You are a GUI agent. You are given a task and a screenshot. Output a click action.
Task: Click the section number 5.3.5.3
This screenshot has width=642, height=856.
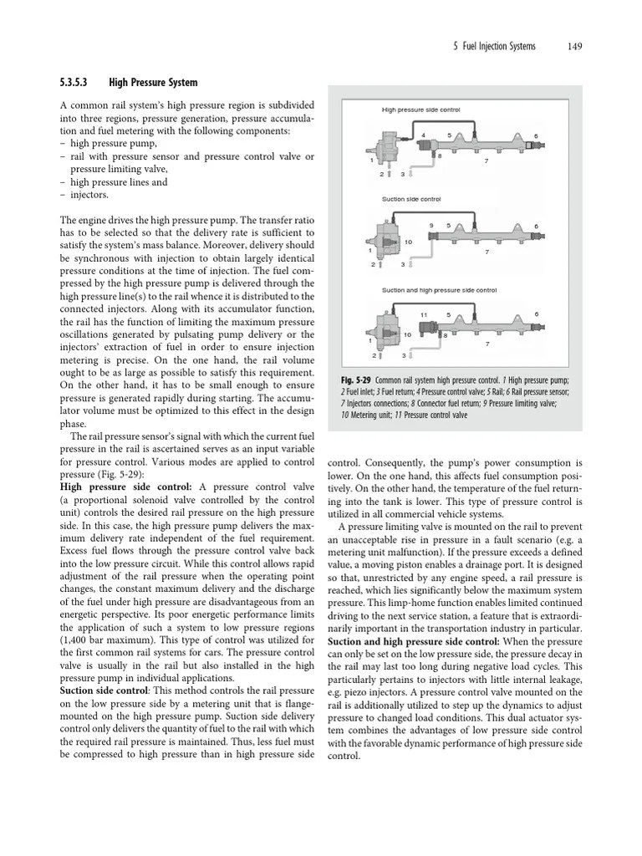click(79, 83)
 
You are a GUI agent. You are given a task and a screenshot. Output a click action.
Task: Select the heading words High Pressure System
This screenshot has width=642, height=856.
click(154, 83)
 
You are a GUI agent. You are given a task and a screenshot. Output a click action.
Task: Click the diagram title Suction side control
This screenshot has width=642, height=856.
click(411, 199)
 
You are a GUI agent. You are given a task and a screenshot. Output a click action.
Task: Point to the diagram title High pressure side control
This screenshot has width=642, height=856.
click(421, 110)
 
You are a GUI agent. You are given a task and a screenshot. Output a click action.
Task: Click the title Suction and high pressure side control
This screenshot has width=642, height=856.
click(439, 290)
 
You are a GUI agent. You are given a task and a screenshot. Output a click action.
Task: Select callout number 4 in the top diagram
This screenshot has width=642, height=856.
click(423, 135)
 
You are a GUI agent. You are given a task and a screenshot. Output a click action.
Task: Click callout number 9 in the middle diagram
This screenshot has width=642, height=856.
click(431, 226)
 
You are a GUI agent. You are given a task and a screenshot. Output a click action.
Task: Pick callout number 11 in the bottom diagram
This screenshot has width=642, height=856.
click(424, 314)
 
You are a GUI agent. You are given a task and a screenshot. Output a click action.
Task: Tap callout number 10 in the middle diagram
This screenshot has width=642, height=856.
click(409, 242)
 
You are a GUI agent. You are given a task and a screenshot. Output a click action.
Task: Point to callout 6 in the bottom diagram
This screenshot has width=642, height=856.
click(536, 314)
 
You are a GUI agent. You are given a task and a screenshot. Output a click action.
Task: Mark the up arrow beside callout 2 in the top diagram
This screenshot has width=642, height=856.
click(389, 174)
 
